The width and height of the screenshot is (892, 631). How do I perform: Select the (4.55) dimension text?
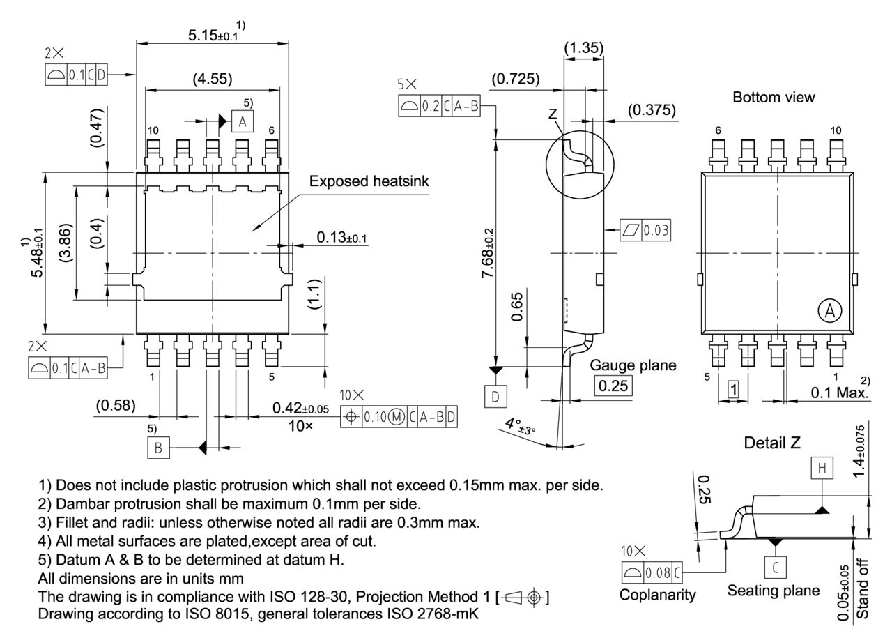pos(212,78)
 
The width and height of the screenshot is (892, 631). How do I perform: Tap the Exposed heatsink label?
pos(369,181)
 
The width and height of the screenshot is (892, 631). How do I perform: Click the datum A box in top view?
pos(242,121)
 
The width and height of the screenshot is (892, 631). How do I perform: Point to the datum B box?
pos(158,448)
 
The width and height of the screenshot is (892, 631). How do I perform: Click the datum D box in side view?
pos(495,397)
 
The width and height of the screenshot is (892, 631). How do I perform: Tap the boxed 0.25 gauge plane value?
pos(613,386)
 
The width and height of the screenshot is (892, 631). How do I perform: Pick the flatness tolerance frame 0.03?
pos(645,229)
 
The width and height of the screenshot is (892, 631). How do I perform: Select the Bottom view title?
pos(773,98)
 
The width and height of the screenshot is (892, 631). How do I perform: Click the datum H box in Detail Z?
pos(823,469)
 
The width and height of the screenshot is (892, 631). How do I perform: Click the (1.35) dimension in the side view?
pos(583,48)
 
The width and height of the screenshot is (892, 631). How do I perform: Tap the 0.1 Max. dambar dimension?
pos(840,393)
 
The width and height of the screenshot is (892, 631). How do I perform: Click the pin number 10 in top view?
pos(153,131)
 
